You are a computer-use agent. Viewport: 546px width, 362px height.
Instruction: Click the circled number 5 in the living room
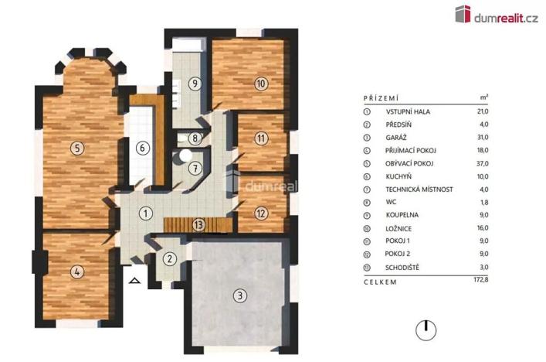[x=76, y=148]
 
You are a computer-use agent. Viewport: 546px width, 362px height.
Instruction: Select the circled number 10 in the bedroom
[x=261, y=84]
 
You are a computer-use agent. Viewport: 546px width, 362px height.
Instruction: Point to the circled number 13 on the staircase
[x=198, y=224]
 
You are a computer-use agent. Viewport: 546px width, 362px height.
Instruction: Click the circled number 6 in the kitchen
[x=141, y=147]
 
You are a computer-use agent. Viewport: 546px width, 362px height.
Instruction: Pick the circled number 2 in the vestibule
[x=171, y=260]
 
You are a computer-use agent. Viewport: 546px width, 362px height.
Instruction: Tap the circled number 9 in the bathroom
[x=195, y=84]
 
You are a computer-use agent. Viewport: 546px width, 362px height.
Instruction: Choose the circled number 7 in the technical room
[x=195, y=167]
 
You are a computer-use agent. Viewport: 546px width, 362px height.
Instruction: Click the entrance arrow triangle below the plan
[x=135, y=282]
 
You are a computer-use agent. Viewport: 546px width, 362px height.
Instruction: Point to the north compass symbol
[x=425, y=330]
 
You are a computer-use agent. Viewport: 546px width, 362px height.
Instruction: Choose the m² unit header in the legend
[x=484, y=98]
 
